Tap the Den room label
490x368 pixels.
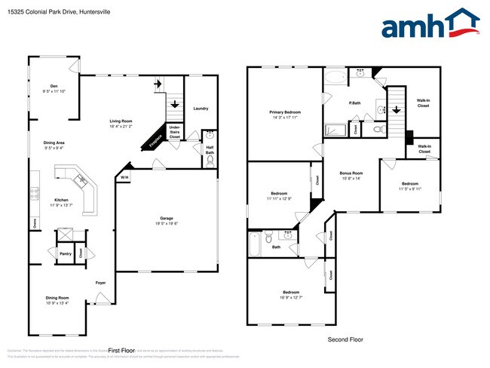pyautogui.click(x=54, y=87)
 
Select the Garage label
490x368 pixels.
pyautogui.click(x=166, y=217)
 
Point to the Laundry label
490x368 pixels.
pyautogui.click(x=201, y=109)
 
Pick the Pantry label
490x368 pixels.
pyautogui.click(x=65, y=254)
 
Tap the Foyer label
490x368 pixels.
pyautogui.click(x=100, y=283)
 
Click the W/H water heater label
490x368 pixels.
pyautogui.click(x=124, y=178)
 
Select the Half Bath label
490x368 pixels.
pyautogui.click(x=210, y=149)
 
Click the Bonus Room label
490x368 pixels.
pyautogui.click(x=351, y=173)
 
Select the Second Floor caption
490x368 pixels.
pyautogui.click(x=345, y=339)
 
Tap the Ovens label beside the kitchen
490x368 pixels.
pyautogui.click(x=34, y=222)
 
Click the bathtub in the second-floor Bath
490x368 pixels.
pyautogui.click(x=255, y=244)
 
